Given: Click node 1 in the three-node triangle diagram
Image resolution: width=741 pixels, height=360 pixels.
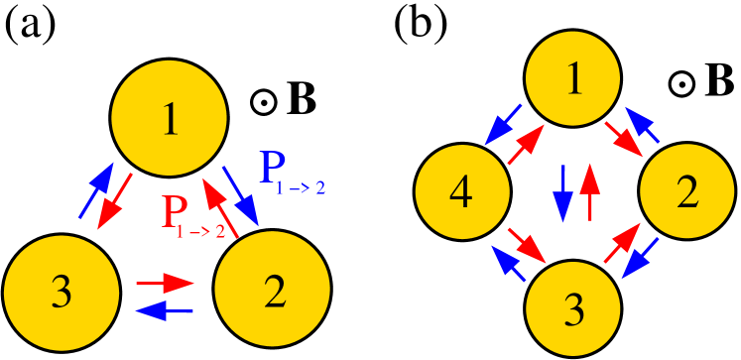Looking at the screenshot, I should pos(169,118).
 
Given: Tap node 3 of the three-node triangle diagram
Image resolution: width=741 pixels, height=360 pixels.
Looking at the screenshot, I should pos(62,293).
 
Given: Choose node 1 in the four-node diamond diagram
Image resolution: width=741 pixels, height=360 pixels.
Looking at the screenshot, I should pos(572,80).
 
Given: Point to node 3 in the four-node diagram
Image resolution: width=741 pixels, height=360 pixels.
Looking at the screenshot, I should pos(572,308).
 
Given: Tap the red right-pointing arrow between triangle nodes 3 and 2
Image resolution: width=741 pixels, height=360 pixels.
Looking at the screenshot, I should pos(165,284).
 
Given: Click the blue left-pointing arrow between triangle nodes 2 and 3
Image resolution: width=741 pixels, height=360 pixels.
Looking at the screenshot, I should pos(165,310).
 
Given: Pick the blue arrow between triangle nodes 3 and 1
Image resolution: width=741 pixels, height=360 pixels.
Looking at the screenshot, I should pos(96,189).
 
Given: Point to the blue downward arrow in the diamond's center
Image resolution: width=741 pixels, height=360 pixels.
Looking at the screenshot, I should pos(562,192).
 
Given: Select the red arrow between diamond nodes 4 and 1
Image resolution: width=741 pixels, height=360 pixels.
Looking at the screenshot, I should pos(527,144).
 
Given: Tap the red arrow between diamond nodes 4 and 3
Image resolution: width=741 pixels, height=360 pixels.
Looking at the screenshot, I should pos(528,245).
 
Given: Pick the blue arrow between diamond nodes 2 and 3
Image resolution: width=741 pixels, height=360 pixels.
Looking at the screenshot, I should pos(640,259).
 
